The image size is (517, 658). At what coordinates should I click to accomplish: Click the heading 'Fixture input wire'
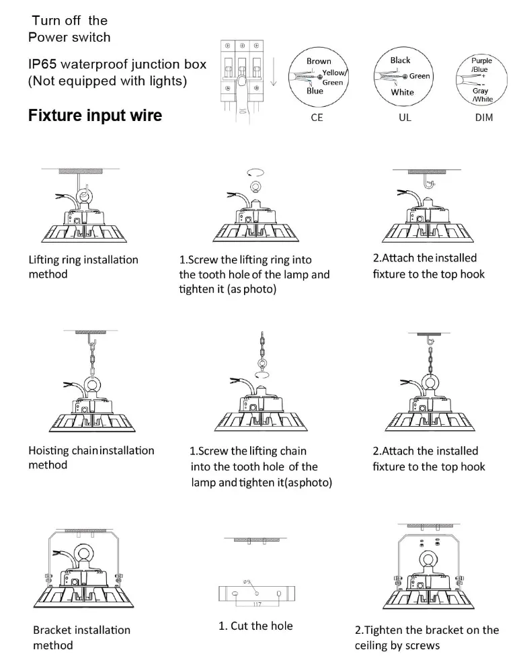(x=95, y=116)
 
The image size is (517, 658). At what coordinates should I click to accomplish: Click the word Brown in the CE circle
(x=319, y=61)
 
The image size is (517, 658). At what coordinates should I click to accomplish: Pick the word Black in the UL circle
(x=400, y=60)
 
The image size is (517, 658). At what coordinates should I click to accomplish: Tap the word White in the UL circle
(x=402, y=93)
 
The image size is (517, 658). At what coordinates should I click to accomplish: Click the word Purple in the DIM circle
(x=481, y=61)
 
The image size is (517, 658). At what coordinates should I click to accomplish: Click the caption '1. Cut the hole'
(x=255, y=626)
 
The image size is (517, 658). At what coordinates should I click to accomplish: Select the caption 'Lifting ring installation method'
(x=83, y=267)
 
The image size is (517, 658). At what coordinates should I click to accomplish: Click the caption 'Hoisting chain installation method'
(x=91, y=458)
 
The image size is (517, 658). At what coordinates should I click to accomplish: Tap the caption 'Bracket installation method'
(x=81, y=637)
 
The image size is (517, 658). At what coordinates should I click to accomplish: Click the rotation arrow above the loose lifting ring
(x=255, y=171)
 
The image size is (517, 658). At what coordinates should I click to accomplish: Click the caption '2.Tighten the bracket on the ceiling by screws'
(x=426, y=637)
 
